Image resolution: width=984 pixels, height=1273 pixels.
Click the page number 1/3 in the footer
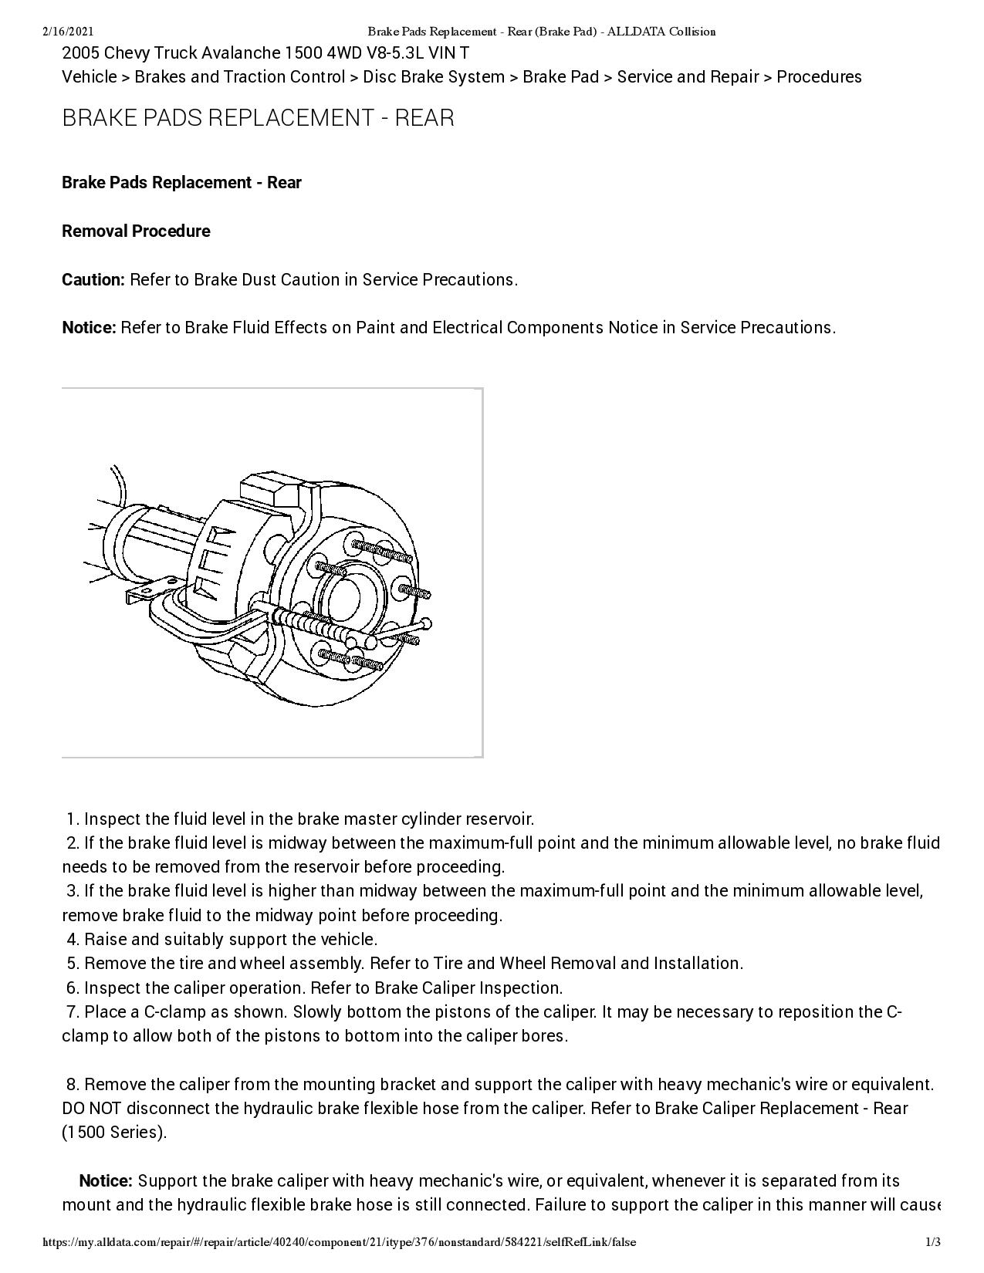coord(933,1242)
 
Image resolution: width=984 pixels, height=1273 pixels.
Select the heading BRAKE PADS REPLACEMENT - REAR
coord(258,118)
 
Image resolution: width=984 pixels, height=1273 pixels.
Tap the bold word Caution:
coord(93,279)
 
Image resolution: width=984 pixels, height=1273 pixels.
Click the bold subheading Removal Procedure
coord(136,231)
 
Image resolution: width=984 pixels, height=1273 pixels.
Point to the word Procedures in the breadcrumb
coord(819,76)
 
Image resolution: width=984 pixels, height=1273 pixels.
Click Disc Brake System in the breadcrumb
coord(434,76)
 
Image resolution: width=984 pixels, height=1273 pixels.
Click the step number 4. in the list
coord(73,939)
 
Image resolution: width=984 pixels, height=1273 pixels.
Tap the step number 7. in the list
coord(73,1011)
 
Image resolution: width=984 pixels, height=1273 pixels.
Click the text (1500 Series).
coord(114,1133)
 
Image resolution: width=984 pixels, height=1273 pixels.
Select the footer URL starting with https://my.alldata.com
coord(340,1242)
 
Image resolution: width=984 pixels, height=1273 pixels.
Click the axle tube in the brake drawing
coord(147,540)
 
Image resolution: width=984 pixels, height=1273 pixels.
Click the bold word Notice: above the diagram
coord(89,327)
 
